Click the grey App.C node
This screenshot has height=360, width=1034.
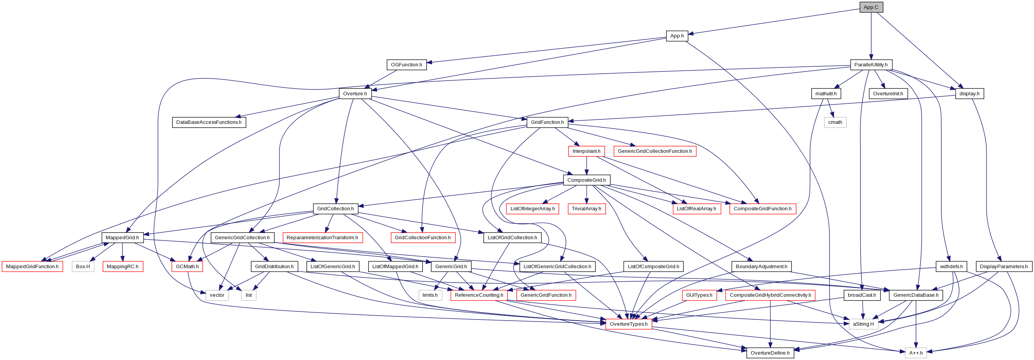click(x=871, y=7)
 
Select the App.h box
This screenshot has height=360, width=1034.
click(x=677, y=36)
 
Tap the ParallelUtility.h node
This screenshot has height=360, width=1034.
click(x=871, y=64)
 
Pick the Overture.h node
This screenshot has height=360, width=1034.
click(x=355, y=93)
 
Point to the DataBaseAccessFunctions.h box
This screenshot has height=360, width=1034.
click(x=209, y=122)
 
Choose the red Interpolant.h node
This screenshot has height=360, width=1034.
click(x=586, y=151)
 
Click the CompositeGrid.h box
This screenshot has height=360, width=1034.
click(x=586, y=180)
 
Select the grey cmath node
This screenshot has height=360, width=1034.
click(x=835, y=122)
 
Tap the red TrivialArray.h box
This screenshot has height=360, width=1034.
click(x=586, y=209)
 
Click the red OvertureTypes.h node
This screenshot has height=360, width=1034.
click(x=628, y=324)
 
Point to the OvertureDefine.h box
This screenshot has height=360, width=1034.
click(x=770, y=353)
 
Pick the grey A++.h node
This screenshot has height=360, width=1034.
click(x=916, y=353)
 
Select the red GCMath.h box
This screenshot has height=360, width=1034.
click(x=187, y=267)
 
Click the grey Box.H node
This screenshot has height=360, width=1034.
click(x=83, y=267)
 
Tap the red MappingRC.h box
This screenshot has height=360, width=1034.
click(x=122, y=267)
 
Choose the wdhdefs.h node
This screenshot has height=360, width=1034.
click(x=951, y=267)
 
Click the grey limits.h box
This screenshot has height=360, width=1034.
click(x=430, y=295)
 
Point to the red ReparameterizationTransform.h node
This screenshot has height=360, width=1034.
click(x=322, y=238)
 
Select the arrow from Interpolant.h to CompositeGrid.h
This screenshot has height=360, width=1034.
click(x=586, y=166)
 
